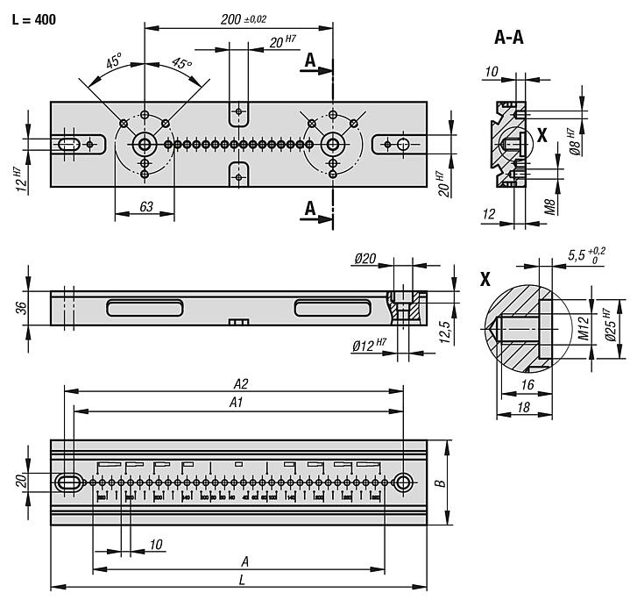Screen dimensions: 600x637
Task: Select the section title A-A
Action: click(x=510, y=37)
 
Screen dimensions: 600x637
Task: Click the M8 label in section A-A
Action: click(x=549, y=208)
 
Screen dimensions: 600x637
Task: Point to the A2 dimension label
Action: click(x=241, y=382)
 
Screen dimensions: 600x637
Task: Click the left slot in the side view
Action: click(x=145, y=307)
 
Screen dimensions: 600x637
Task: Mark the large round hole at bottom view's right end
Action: click(x=403, y=482)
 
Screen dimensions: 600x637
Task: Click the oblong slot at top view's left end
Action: click(x=68, y=144)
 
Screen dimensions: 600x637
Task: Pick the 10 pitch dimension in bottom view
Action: click(x=156, y=545)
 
